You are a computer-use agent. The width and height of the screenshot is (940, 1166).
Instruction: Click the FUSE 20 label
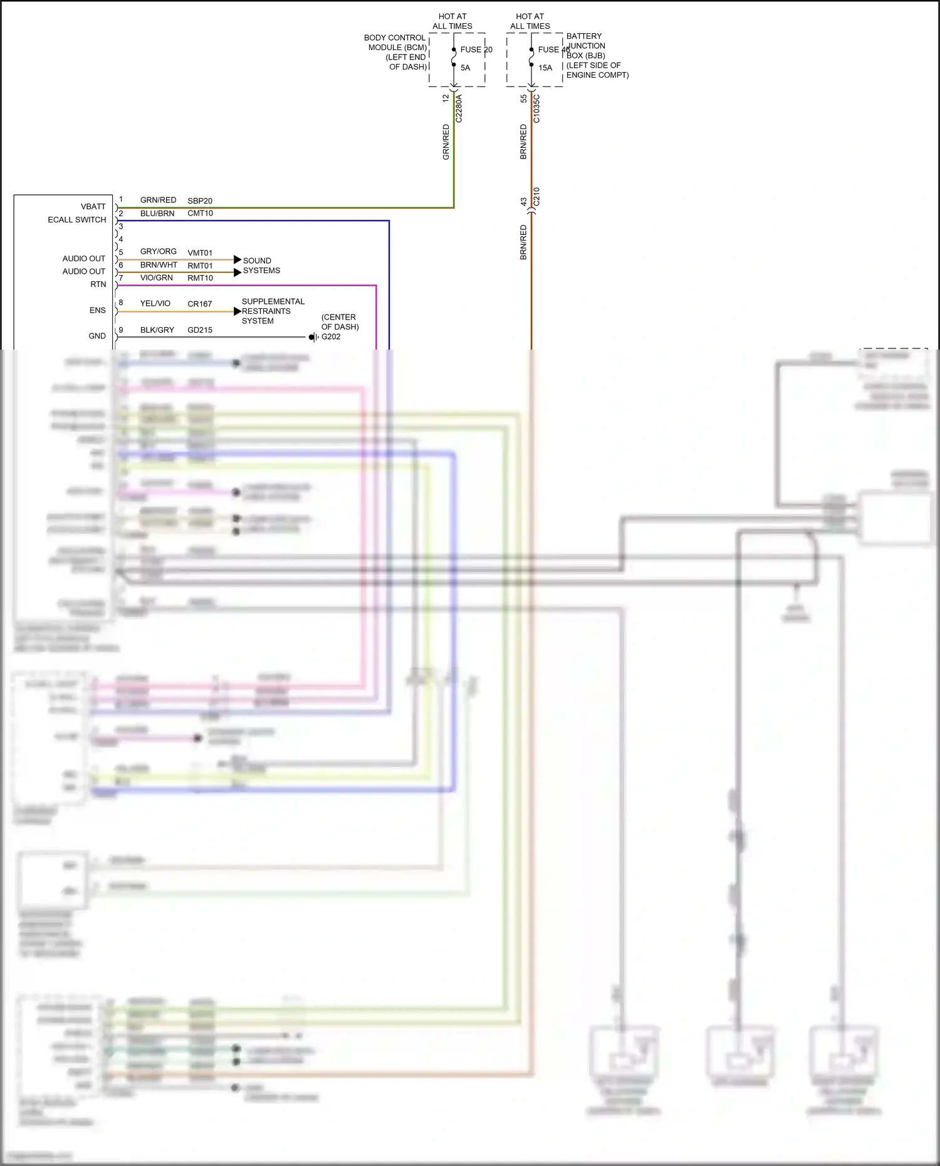tap(476, 49)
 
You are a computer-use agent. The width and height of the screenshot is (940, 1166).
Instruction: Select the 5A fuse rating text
tap(465, 68)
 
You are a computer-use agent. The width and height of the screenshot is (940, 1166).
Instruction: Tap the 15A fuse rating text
tap(545, 68)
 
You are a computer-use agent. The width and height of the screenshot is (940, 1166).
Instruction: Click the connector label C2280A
tap(459, 108)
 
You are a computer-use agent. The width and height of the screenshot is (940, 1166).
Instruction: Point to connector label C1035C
tap(536, 108)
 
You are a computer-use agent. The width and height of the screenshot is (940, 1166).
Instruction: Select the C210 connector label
tap(536, 197)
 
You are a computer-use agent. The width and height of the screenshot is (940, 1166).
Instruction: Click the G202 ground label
tap(331, 336)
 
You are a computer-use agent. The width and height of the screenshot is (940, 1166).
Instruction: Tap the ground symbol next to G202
tap(313, 337)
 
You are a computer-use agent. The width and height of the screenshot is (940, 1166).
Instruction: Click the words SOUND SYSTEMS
tap(261, 266)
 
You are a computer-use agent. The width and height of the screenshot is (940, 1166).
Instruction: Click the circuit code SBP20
tap(200, 200)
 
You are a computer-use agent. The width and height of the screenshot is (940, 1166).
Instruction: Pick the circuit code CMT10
tap(200, 213)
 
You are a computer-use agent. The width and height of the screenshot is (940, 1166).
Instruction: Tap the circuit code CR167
tap(200, 304)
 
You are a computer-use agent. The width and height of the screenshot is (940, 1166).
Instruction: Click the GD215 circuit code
tap(200, 330)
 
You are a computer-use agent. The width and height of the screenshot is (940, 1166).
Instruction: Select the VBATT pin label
tap(93, 207)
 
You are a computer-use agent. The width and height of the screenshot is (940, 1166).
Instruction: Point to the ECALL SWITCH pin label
tap(77, 220)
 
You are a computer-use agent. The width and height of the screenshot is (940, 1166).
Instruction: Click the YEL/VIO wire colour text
tap(155, 303)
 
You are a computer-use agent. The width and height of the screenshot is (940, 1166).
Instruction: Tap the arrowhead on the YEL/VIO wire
tap(238, 311)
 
